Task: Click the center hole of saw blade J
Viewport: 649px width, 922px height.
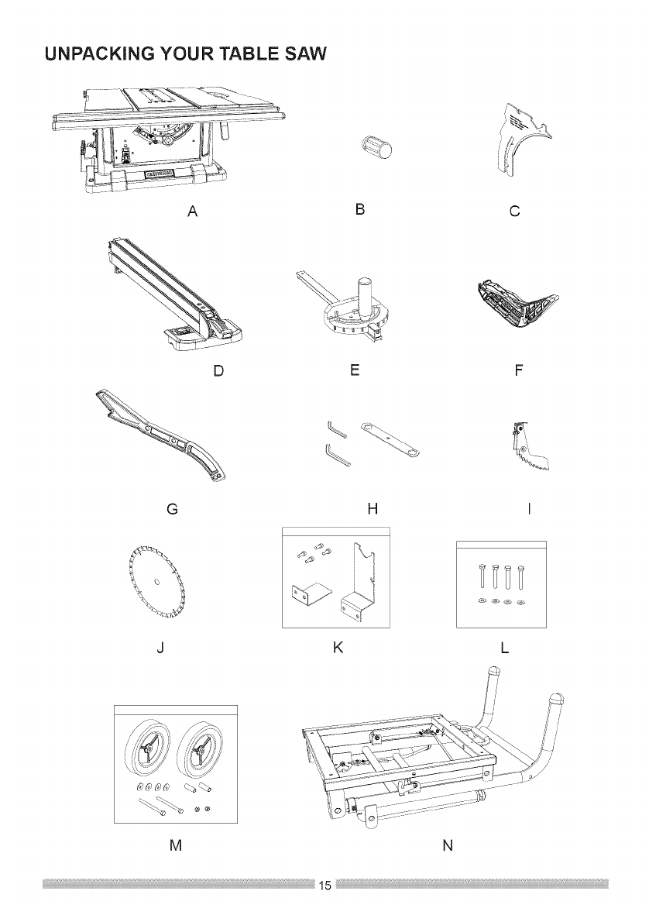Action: (x=157, y=582)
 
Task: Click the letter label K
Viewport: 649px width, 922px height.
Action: (x=338, y=647)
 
